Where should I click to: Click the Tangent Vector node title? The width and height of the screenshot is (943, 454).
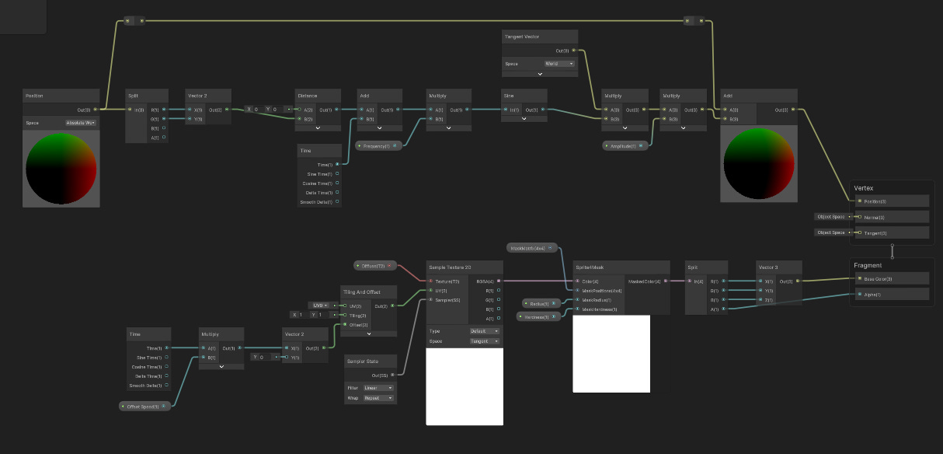(522, 37)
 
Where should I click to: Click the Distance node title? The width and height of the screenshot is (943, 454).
(307, 96)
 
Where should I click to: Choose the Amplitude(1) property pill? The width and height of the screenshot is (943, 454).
(625, 145)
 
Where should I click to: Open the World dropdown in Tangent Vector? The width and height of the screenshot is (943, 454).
(559, 64)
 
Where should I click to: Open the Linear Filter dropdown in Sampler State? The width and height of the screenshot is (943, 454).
(379, 387)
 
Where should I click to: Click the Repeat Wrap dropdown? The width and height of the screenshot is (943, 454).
(379, 398)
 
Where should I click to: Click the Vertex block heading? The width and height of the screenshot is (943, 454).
(864, 188)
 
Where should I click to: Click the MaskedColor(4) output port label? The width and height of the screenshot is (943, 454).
(645, 281)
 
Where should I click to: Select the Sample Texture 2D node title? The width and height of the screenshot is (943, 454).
(451, 267)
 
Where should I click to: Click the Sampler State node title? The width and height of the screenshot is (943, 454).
(363, 361)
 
